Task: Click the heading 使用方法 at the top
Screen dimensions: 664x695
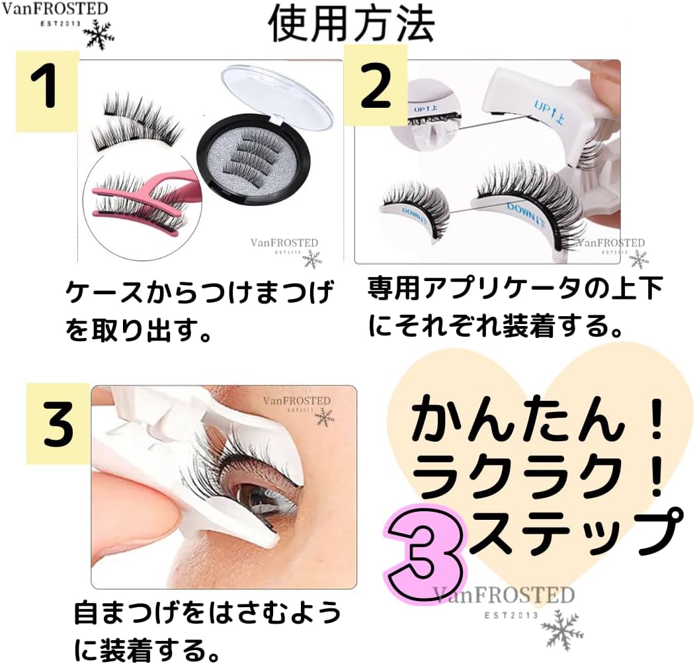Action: click(350, 24)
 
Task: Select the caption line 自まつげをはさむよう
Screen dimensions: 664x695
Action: click(208, 614)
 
